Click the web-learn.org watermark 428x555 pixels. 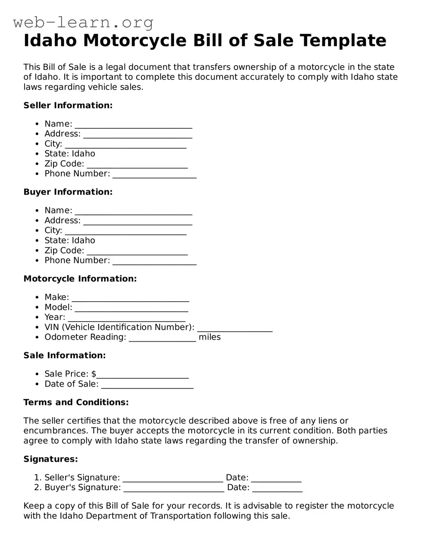[x=84, y=22]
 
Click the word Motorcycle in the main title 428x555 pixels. [x=134, y=41]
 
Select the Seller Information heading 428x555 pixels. [x=68, y=105]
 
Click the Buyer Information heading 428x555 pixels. [x=68, y=192]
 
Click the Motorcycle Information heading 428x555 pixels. [x=80, y=279]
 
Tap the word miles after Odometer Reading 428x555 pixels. [x=210, y=337]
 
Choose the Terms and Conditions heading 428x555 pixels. [x=76, y=402]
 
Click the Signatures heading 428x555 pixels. [x=51, y=459]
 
